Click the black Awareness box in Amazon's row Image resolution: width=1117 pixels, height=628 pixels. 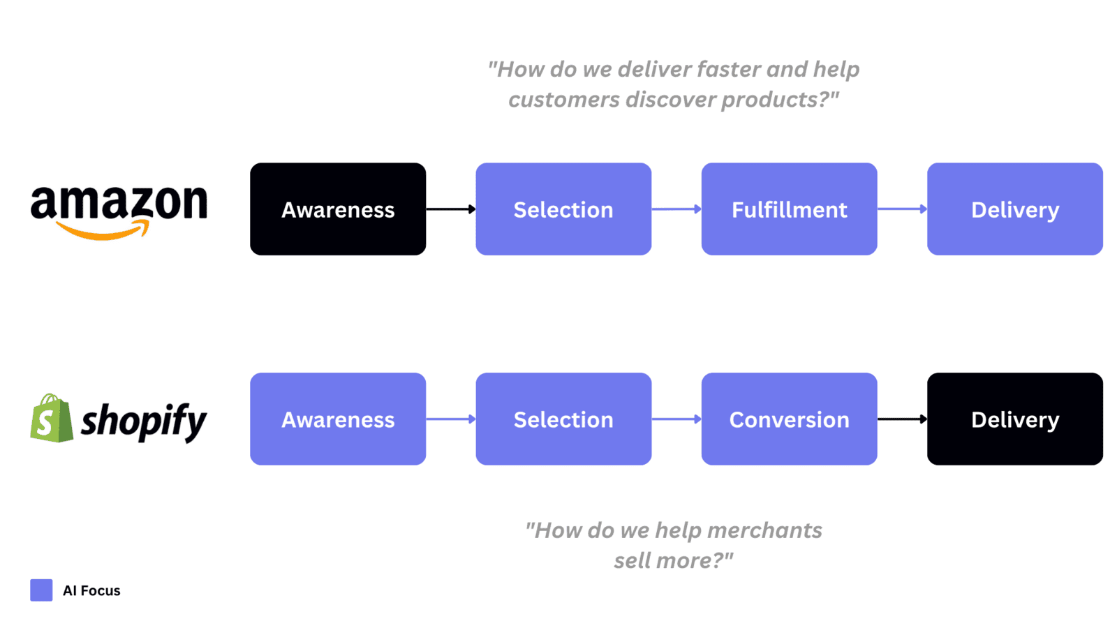pos(338,209)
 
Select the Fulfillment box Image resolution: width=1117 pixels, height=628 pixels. pos(789,209)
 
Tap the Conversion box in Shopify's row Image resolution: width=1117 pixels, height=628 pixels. pos(789,419)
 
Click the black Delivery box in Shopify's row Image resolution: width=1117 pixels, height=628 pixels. pos(1014,419)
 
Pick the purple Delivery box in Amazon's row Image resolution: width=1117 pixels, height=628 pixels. pos(1014,209)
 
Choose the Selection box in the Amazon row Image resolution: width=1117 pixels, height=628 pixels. pos(563,209)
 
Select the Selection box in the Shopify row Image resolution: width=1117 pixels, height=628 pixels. pos(563,419)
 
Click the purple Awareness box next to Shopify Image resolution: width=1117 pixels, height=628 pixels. pos(338,419)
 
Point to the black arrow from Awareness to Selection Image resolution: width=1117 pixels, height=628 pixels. pos(451,209)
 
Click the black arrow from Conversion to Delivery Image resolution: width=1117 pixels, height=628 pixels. pos(902,419)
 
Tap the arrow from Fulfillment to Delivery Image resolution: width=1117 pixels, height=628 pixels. pos(902,209)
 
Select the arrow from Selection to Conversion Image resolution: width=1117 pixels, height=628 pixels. pos(676,419)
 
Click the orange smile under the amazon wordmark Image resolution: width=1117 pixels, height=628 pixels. pos(103,232)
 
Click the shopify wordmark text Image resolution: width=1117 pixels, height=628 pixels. pos(144,421)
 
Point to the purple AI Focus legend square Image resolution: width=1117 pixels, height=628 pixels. pos(41,590)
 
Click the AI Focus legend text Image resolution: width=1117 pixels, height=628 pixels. pos(91,590)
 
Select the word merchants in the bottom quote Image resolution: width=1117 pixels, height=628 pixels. pos(764,530)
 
